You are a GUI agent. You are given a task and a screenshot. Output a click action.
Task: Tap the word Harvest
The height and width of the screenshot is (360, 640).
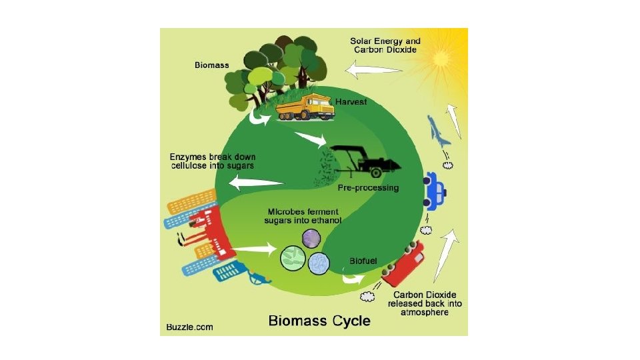pos(359,102)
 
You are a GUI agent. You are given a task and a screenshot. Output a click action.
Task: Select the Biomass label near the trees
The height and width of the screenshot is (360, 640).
pos(211,65)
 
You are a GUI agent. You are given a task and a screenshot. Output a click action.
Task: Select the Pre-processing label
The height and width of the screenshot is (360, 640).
pos(368,188)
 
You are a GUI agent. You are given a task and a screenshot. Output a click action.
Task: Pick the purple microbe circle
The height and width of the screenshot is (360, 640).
pos(311,238)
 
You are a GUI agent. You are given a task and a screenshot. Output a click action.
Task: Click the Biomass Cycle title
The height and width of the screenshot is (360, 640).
pos(319,321)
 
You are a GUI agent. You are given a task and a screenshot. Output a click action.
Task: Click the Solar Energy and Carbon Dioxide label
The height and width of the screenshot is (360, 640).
pos(385,45)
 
